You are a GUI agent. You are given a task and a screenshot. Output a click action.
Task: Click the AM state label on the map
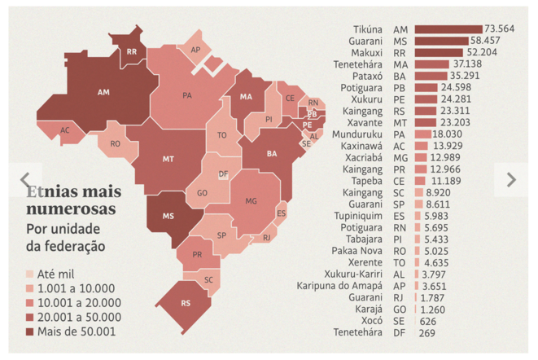103,92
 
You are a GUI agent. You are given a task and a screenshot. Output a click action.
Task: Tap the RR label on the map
131,52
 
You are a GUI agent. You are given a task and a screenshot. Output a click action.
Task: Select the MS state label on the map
169,216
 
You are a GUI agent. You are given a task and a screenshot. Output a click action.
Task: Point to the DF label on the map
221,173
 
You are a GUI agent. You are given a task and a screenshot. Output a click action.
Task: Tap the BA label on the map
272,152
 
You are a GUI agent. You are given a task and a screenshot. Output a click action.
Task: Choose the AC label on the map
65,130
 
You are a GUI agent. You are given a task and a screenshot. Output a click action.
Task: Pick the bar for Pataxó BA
432,76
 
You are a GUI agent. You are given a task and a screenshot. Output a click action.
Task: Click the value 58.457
485,40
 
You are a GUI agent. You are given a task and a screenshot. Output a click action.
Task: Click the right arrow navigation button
511,179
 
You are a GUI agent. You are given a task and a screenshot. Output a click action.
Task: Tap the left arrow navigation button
24,179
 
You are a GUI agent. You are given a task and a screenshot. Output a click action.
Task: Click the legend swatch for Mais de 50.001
30,331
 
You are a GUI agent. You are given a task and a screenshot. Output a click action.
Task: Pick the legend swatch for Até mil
30,274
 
